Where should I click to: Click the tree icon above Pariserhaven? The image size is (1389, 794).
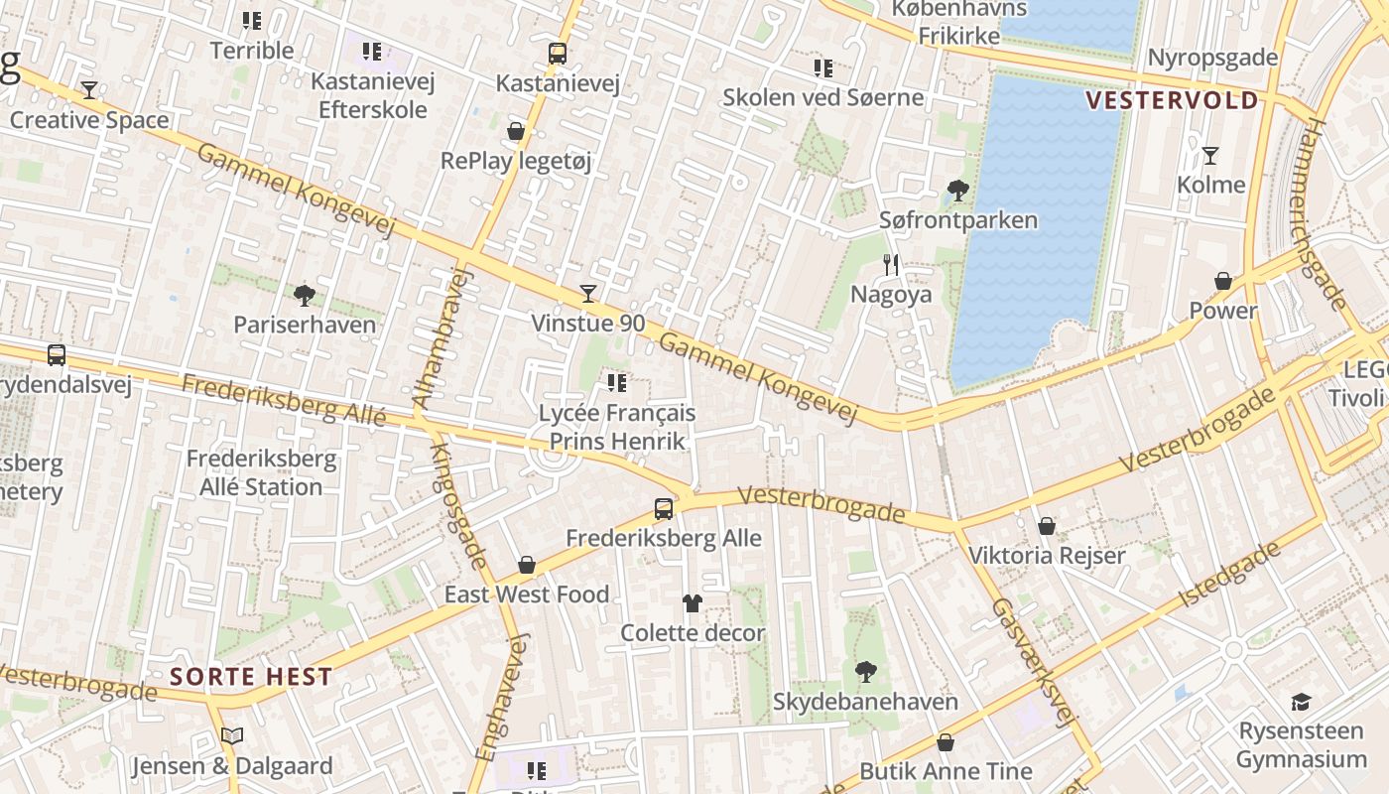(305, 295)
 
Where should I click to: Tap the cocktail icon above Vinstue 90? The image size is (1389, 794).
(588, 293)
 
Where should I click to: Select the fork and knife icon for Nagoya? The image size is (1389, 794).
(891, 264)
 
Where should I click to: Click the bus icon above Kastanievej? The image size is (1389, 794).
(558, 54)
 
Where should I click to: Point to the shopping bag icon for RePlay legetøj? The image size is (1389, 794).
(516, 131)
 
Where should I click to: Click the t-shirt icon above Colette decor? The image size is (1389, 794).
(693, 602)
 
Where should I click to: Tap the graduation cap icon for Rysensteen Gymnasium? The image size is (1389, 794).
(1301, 703)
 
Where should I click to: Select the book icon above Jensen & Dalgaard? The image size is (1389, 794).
(232, 736)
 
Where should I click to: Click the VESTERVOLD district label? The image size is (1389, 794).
(1172, 100)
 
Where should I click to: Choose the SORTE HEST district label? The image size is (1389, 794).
(251, 678)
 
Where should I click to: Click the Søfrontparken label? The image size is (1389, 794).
(958, 220)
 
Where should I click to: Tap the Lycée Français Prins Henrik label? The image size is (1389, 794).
(617, 427)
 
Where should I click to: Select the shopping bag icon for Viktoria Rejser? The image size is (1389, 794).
(1047, 526)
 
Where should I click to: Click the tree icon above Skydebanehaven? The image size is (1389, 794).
(866, 672)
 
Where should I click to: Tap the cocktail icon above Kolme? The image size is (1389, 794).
(1210, 156)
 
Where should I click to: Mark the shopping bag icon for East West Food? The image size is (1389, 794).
(527, 565)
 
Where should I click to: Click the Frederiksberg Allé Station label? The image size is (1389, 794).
(261, 473)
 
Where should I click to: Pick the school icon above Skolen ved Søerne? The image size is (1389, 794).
(823, 68)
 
